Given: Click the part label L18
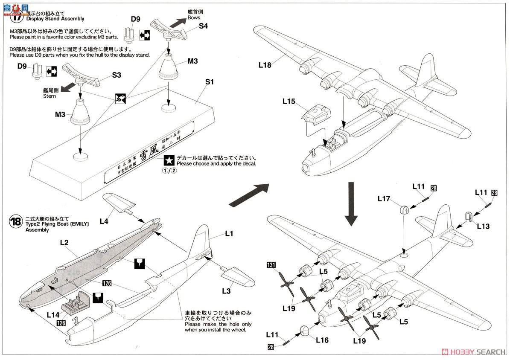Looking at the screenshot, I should click(x=265, y=65).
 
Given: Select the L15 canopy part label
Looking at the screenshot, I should click(x=289, y=102).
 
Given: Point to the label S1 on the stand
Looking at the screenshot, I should click(x=209, y=81).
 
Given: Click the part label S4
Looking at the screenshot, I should click(x=204, y=26).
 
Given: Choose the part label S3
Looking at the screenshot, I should click(x=117, y=75).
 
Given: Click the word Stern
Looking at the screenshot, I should click(x=50, y=96).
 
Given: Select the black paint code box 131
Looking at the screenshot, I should click(x=271, y=264).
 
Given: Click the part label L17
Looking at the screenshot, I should click(x=384, y=198).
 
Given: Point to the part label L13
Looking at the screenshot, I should click(x=484, y=226).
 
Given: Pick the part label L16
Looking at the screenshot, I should click(x=322, y=340).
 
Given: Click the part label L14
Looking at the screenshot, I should click(x=52, y=314).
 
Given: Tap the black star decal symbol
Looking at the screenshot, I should click(x=169, y=160).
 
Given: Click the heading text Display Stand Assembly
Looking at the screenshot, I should click(x=55, y=19).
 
